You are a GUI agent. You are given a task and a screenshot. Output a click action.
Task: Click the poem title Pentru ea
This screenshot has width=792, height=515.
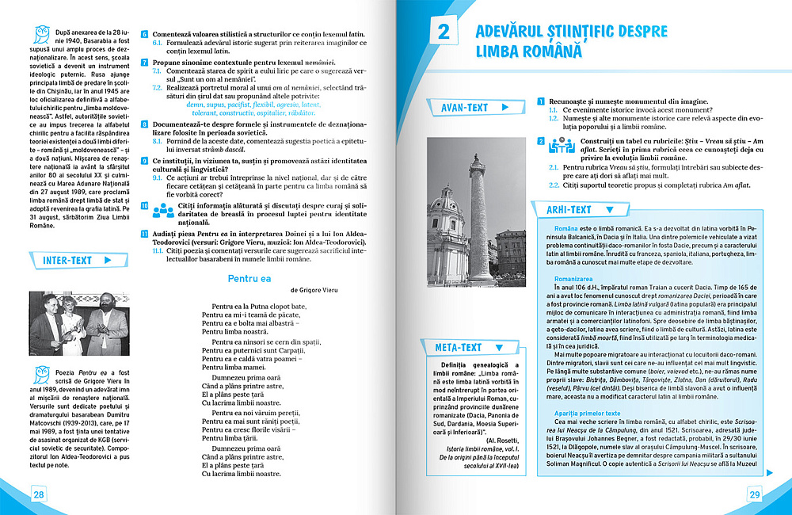coord(249,278)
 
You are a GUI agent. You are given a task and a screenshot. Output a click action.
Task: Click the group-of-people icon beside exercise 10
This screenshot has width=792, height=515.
coord(162,209)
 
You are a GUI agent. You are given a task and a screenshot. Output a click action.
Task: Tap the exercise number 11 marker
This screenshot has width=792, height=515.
coord(144,234)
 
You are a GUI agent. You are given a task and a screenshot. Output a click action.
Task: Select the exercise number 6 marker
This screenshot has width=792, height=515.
coord(144,35)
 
